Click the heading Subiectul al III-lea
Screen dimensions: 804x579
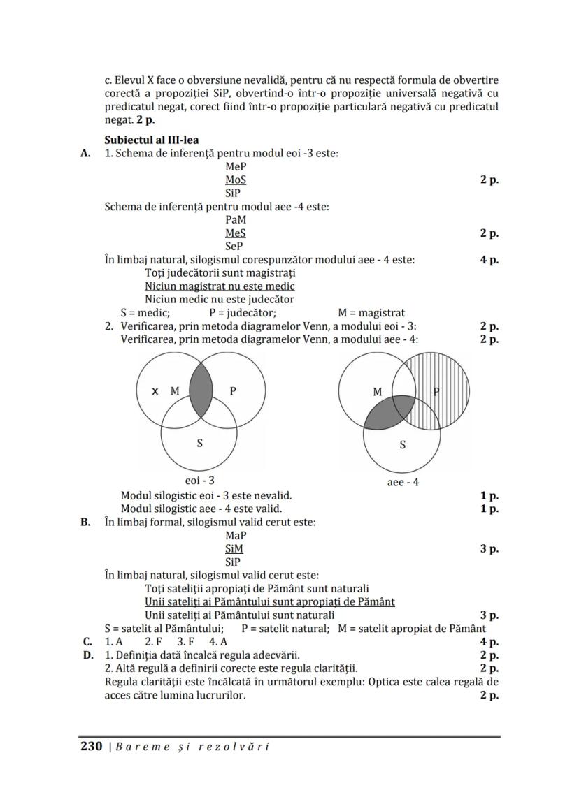151,140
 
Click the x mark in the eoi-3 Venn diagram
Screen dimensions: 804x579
155,391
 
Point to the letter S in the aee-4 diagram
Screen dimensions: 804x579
402,445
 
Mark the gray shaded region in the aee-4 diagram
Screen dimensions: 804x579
389,413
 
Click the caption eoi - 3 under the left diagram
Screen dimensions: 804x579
199,481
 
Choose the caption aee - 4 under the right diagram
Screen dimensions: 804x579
403,482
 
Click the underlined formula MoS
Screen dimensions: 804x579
236,180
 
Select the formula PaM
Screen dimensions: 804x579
236,219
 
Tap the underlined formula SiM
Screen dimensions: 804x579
234,548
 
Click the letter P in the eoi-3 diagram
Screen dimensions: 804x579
233,391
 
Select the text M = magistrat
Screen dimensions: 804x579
371,313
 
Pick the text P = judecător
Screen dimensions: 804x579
243,313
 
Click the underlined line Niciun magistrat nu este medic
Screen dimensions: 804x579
220,286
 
